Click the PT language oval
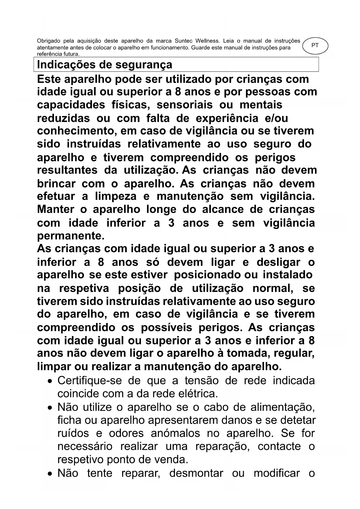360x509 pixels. click(x=315, y=46)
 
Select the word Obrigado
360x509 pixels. click(x=48, y=41)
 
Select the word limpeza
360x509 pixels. click(x=116, y=196)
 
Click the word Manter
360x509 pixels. click(x=56, y=209)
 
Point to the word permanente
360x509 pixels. click(x=70, y=236)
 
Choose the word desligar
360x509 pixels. click(x=278, y=262)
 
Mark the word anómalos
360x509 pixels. click(x=175, y=433)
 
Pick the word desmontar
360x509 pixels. click(x=196, y=473)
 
